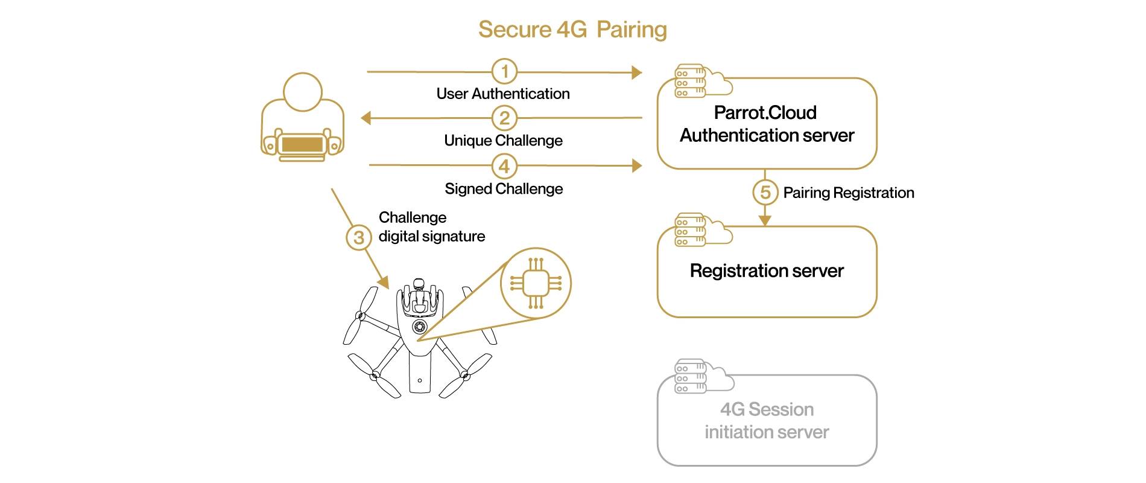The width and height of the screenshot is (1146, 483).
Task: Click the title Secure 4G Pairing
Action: (572, 30)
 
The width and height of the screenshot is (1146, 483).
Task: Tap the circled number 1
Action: (504, 71)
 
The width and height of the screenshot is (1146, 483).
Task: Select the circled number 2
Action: (504, 118)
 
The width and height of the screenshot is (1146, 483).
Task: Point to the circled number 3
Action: (359, 237)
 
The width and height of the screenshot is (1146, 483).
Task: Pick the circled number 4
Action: (504, 166)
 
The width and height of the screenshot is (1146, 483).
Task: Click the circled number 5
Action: (765, 193)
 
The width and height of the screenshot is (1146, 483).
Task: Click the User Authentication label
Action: (503, 94)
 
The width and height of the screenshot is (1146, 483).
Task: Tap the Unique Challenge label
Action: (503, 141)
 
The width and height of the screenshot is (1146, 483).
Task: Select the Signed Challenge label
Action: (504, 189)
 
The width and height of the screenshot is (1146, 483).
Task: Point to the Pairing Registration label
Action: (848, 193)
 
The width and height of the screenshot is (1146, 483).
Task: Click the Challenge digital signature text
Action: (431, 227)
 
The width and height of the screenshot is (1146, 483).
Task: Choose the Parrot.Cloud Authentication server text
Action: (767, 124)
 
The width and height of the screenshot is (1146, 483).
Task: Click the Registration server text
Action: (767, 270)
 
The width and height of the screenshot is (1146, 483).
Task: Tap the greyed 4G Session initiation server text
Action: (767, 421)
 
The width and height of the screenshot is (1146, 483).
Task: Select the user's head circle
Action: (302, 92)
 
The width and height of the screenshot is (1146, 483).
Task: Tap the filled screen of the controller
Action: (302, 145)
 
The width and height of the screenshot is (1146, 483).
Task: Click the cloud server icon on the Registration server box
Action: (702, 229)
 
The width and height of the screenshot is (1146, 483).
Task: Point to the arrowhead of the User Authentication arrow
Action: (637, 72)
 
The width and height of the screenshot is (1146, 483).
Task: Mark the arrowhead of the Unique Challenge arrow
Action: (366, 118)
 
